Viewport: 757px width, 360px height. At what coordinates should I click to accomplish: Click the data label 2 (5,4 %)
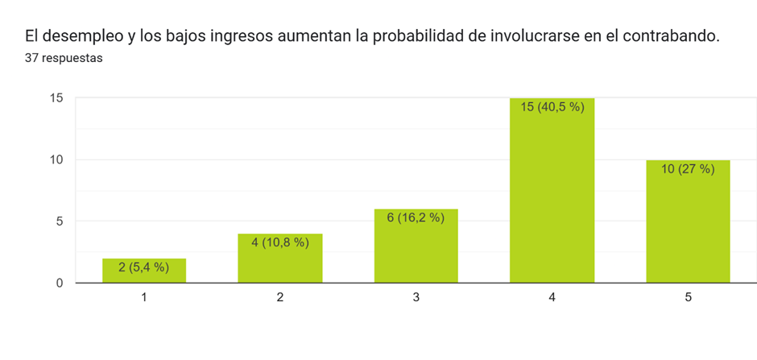pos(144,267)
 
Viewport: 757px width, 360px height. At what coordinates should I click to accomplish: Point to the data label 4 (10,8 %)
pos(279,242)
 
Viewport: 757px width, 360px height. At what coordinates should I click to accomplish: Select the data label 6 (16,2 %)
pos(416,217)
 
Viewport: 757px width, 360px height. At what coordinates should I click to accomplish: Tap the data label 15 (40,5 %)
pos(552,106)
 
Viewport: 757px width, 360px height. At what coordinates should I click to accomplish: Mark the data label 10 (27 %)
pos(688,168)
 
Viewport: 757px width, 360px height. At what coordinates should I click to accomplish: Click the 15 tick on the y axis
pos(56,98)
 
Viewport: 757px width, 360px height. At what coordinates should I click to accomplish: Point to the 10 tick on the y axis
pos(56,159)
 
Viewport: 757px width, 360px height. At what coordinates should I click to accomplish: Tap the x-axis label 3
pos(416,297)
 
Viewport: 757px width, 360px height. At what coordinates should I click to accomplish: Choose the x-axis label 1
pos(144,297)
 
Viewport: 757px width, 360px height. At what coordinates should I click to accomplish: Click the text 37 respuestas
pos(64,58)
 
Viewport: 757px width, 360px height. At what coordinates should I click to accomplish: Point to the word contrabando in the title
pos(670,36)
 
